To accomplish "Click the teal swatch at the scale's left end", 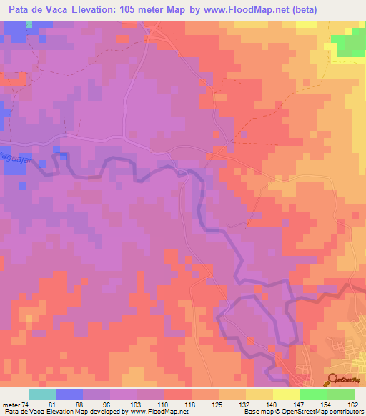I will [x=42, y=394].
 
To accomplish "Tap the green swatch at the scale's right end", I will [x=340, y=394].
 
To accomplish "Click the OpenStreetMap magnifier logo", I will [x=333, y=380].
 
